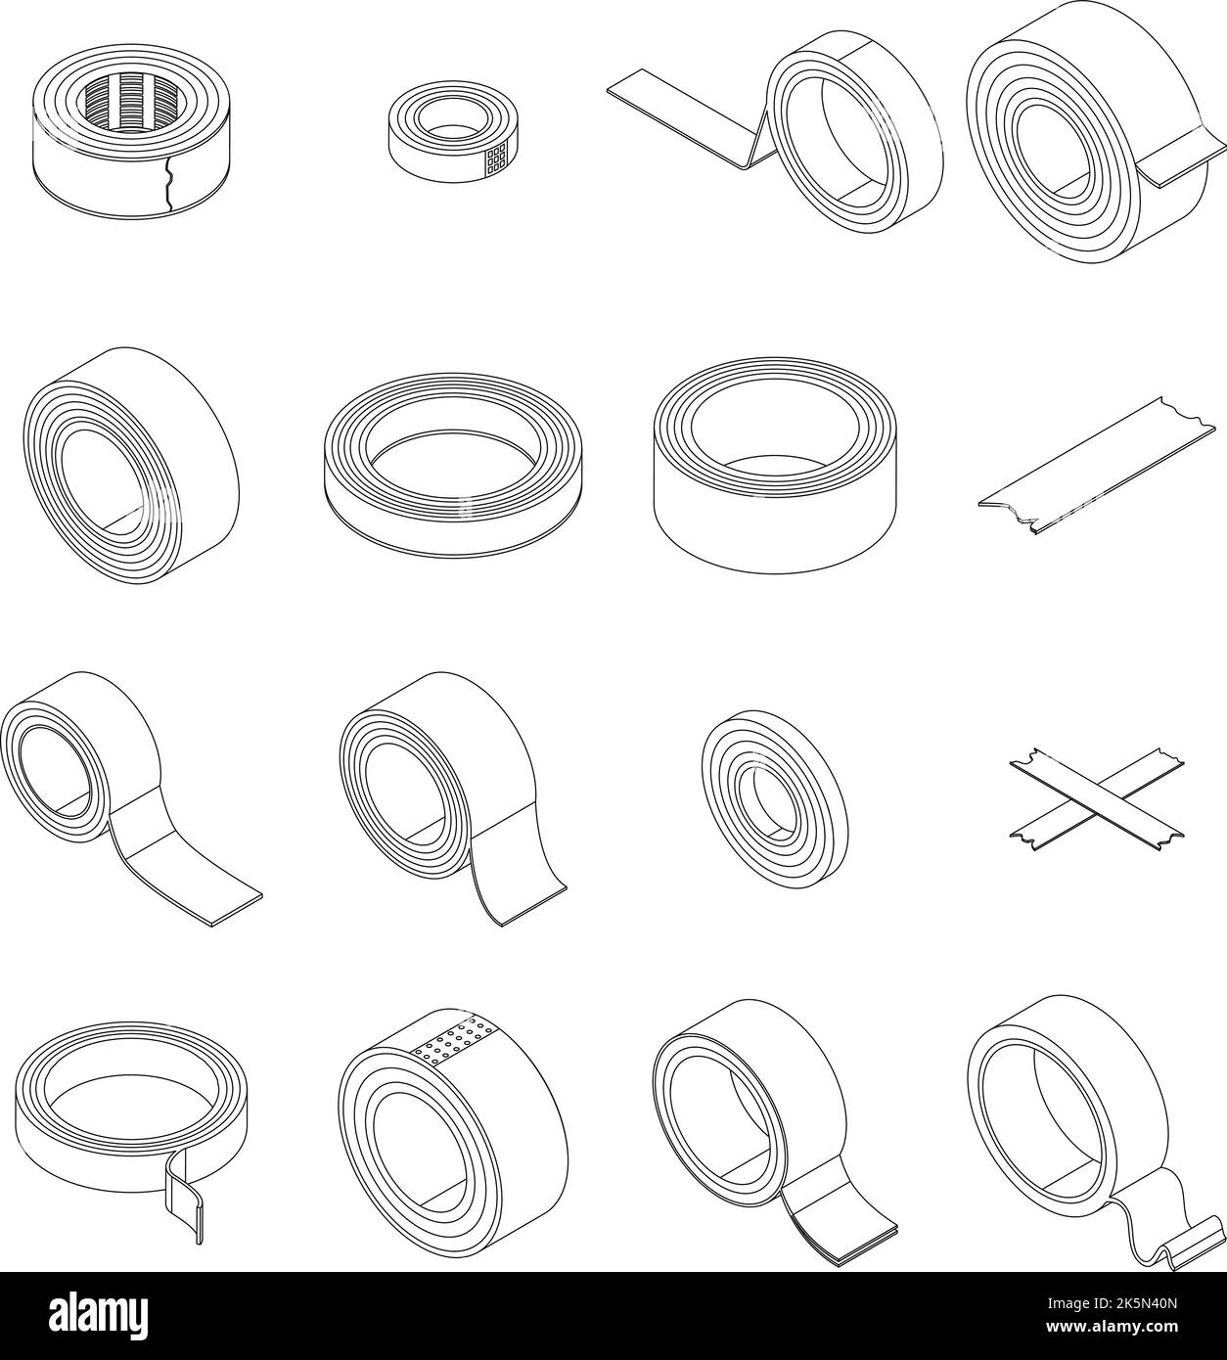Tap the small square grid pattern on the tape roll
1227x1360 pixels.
click(x=496, y=159)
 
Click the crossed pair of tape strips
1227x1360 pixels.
click(x=1097, y=799)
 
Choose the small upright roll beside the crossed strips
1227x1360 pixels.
click(x=775, y=799)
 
